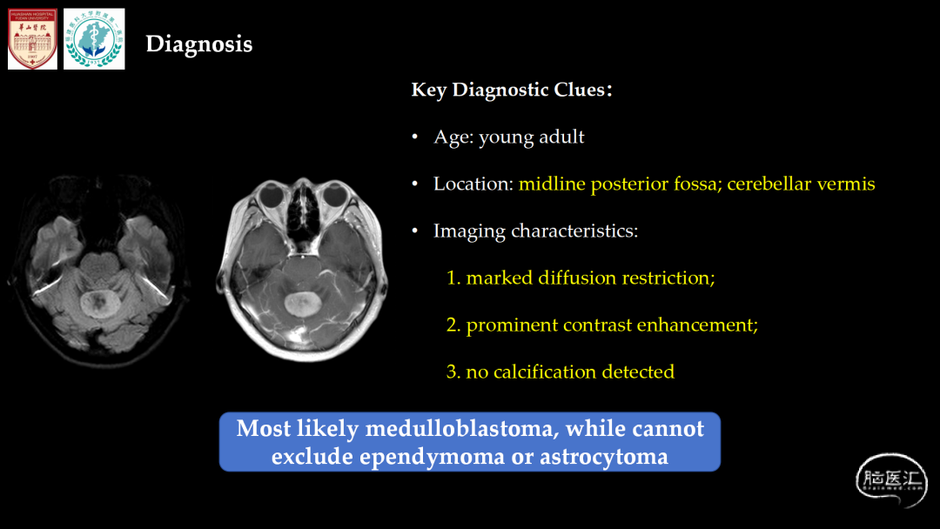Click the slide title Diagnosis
point(199,44)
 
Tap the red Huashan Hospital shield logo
point(32,39)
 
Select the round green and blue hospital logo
point(94,39)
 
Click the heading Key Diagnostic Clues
point(512,90)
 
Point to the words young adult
point(531,137)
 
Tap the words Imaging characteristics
point(535,231)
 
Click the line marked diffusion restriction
point(581,278)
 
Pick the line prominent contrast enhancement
point(602,325)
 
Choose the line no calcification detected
point(561,372)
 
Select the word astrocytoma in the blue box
point(604,457)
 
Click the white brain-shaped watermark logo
point(891,480)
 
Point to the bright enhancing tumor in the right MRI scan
point(301,304)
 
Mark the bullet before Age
point(415,137)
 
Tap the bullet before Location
point(415,184)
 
